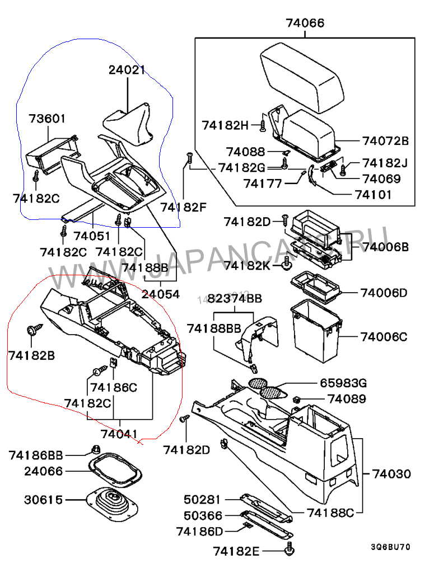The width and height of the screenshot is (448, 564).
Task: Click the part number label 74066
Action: coord(305,23)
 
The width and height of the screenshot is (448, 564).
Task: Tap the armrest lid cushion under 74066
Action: coord(302,78)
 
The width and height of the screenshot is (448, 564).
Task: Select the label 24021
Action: coord(127,70)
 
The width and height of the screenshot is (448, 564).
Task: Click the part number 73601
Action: coord(48,119)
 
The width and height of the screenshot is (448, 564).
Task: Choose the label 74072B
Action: coord(385,140)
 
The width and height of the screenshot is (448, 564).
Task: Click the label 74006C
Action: coord(384,337)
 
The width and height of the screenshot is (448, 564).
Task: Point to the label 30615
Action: coord(44,500)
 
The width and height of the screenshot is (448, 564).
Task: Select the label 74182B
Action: coord(31,355)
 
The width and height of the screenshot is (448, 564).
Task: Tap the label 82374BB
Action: coord(235,299)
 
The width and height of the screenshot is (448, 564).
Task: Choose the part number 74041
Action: coord(119,433)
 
